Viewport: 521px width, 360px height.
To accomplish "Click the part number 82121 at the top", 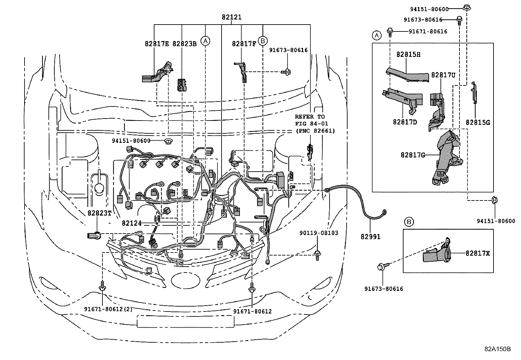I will (x=231, y=17).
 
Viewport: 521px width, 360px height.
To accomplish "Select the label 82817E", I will (x=157, y=44).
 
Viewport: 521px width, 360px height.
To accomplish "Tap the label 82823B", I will (x=185, y=44).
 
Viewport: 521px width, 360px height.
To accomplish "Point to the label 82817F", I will (x=244, y=44).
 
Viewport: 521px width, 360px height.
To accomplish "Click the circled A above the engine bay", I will (x=206, y=41).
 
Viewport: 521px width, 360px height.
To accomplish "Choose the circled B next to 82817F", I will (x=262, y=41).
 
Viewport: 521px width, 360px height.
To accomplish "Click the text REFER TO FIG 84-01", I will (x=311, y=120).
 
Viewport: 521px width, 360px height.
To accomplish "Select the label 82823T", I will (x=99, y=213).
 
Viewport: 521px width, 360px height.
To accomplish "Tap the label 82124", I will (x=132, y=223).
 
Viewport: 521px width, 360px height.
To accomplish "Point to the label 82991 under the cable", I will (x=370, y=237).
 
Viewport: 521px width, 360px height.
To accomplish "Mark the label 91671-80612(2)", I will (x=108, y=309).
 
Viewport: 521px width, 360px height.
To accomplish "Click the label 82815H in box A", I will (x=408, y=54).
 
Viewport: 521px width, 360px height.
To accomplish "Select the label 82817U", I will (x=443, y=75).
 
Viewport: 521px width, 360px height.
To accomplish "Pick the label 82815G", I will (x=478, y=123).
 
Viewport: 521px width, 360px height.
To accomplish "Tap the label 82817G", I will (x=413, y=155).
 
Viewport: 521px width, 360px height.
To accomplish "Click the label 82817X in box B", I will (x=478, y=253).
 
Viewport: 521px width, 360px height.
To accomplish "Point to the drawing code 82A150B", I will (x=497, y=349).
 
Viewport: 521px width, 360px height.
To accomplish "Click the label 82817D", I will (x=405, y=122).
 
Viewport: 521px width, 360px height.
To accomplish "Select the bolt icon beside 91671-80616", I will (x=390, y=31).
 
